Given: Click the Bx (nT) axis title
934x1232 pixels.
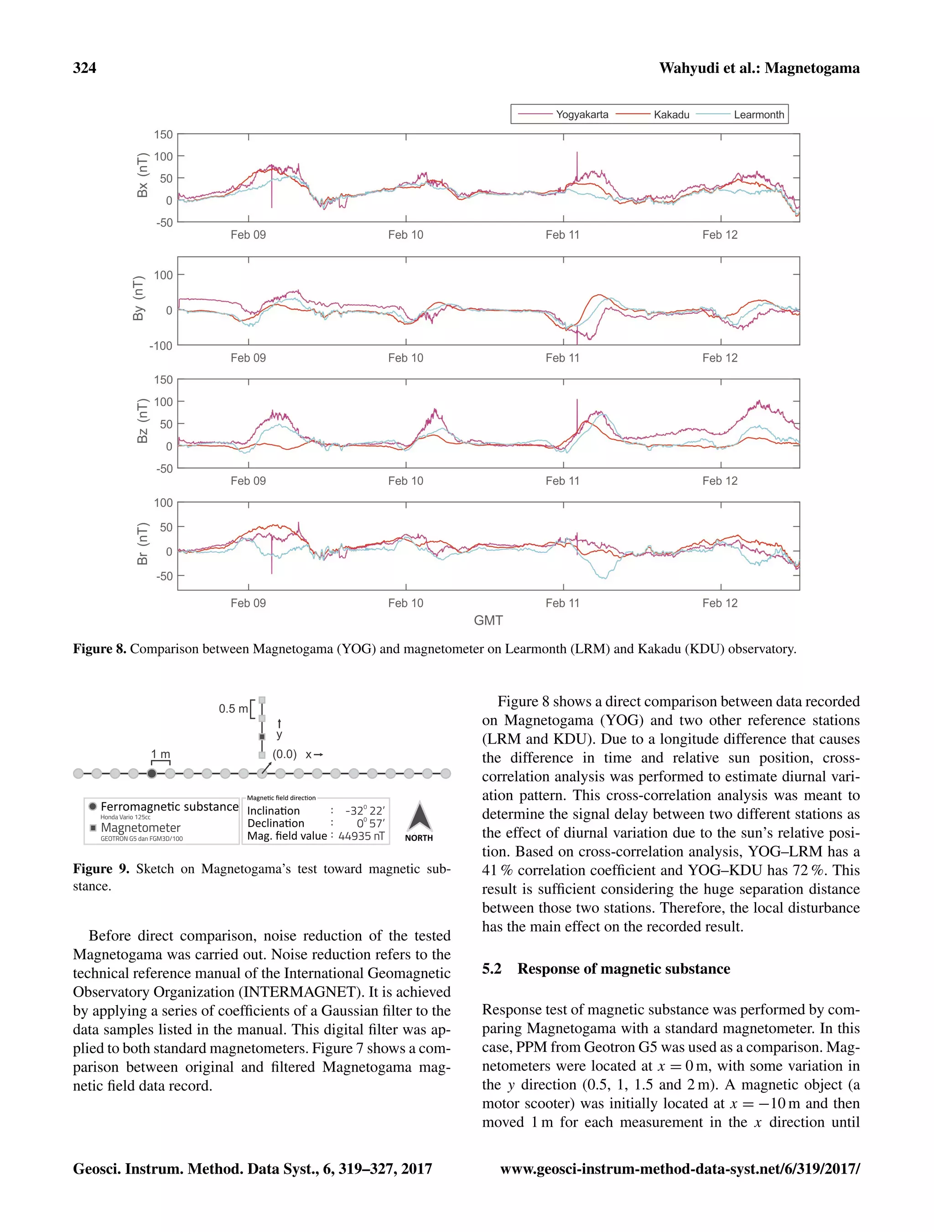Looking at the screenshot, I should pyautogui.click(x=143, y=175).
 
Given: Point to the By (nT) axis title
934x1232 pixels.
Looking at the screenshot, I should pyautogui.click(x=138, y=298).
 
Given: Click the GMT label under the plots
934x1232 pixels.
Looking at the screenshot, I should pyautogui.click(x=488, y=620).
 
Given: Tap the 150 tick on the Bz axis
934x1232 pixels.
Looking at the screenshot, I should pyautogui.click(x=163, y=380).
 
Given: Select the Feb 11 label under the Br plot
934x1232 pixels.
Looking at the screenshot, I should pyautogui.click(x=562, y=603).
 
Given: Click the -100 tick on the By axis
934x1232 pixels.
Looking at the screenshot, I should pyautogui.click(x=161, y=346).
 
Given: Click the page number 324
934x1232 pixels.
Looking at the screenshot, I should pyautogui.click(x=85, y=68).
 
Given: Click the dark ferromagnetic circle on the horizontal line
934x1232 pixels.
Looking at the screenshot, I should pyautogui.click(x=151, y=773).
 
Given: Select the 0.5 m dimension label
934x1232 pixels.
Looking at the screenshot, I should pyautogui.click(x=233, y=708).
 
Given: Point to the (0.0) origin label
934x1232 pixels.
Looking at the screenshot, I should pyautogui.click(x=284, y=754).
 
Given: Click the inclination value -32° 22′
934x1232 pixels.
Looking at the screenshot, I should pyautogui.click(x=365, y=811).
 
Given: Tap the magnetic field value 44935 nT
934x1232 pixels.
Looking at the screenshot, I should pyautogui.click(x=361, y=836).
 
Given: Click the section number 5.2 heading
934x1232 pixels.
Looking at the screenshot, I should pyautogui.click(x=492, y=968).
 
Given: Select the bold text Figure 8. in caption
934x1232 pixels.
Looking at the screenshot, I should pyautogui.click(x=100, y=649).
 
